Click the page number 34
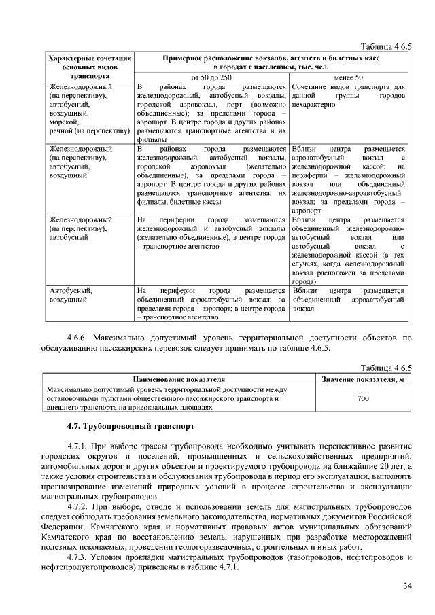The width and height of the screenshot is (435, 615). (407, 586)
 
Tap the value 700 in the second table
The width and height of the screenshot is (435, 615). (363, 398)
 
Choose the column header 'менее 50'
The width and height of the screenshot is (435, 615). (349, 77)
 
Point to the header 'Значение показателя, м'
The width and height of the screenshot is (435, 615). (363, 378)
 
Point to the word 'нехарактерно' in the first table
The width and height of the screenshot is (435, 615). (313, 106)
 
